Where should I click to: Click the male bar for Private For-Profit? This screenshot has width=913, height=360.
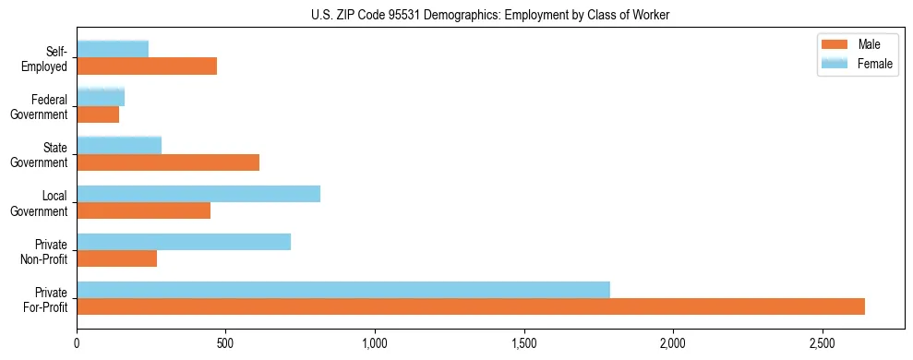point(471,306)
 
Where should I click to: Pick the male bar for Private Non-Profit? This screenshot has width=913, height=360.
point(117,258)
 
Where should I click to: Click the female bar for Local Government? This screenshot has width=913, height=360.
point(198,194)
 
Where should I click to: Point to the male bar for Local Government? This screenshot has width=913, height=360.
point(144,210)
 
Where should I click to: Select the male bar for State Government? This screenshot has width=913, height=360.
point(168,162)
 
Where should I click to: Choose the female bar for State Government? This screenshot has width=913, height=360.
point(119,145)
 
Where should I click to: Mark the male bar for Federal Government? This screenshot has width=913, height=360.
point(98,114)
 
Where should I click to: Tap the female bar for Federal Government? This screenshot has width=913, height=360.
point(101,97)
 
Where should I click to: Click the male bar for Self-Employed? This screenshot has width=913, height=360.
point(147,66)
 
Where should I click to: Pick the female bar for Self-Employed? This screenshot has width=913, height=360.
point(113,49)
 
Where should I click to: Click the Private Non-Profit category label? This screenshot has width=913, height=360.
point(45,251)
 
